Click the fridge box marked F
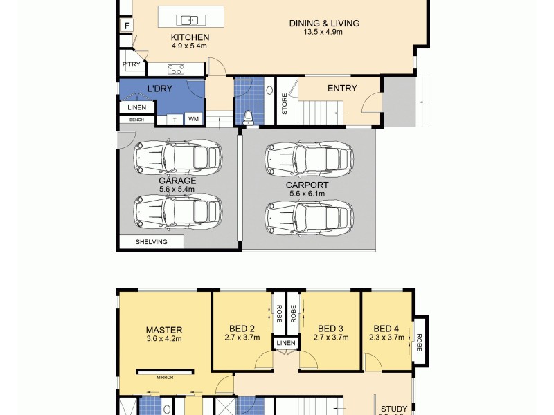127,26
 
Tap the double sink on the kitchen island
188,19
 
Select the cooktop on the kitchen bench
176,68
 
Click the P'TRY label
131,65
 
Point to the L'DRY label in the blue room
159,89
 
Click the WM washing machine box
193,120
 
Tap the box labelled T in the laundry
175,120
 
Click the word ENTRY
342,88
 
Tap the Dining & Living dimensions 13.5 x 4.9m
324,32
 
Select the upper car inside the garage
178,156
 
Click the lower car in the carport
309,218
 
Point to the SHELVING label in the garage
151,241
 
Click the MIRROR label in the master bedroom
165,377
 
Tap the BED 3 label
331,329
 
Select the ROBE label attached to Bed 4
418,341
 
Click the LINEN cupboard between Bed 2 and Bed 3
285,343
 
